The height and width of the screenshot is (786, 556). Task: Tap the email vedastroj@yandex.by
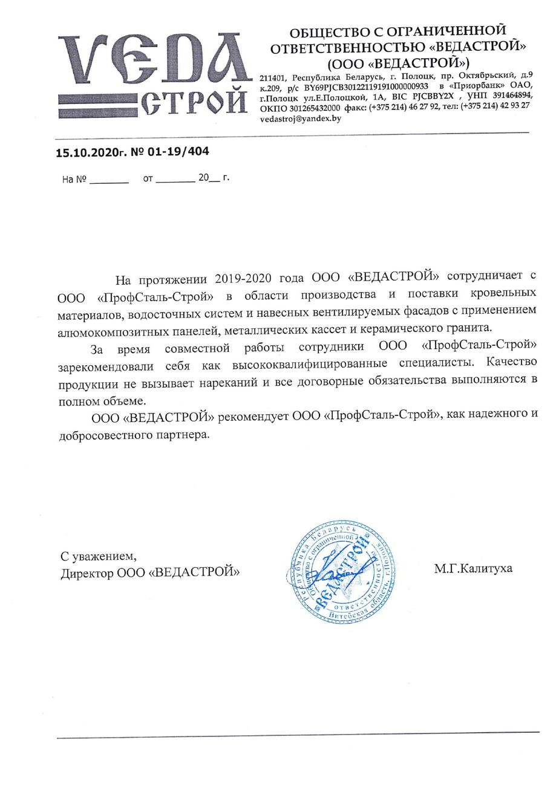(300, 119)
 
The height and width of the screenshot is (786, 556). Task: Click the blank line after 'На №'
(109, 180)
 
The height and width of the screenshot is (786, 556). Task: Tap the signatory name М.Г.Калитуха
(473, 568)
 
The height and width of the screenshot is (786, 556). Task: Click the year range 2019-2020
(245, 278)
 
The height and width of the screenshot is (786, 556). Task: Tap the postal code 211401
(273, 78)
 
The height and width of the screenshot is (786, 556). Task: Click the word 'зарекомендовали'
(102, 366)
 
